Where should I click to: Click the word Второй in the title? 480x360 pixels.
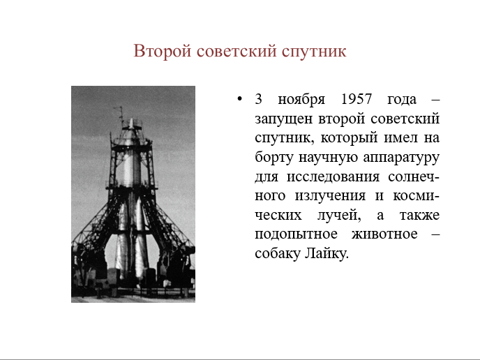pyautogui.click(x=163, y=51)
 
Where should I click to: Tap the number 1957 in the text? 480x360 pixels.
pyautogui.click(x=356, y=99)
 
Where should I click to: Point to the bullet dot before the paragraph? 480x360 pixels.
pyautogui.click(x=240, y=99)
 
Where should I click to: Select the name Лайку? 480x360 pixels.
pyautogui.click(x=327, y=254)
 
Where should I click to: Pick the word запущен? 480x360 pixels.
pyautogui.click(x=283, y=119)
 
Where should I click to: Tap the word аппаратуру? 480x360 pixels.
pyautogui.click(x=401, y=158)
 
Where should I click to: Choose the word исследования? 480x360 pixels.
pyautogui.click(x=333, y=177)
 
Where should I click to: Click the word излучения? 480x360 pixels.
pyautogui.click(x=330, y=196)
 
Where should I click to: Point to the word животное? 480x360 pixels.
pyautogui.click(x=384, y=234)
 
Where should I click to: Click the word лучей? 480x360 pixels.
pyautogui.click(x=338, y=216)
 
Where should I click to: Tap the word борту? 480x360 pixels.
pyautogui.click(x=274, y=158)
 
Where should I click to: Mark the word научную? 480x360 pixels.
pyautogui.click(x=328, y=158)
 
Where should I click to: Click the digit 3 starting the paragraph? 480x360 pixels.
pyautogui.click(x=258, y=99)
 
